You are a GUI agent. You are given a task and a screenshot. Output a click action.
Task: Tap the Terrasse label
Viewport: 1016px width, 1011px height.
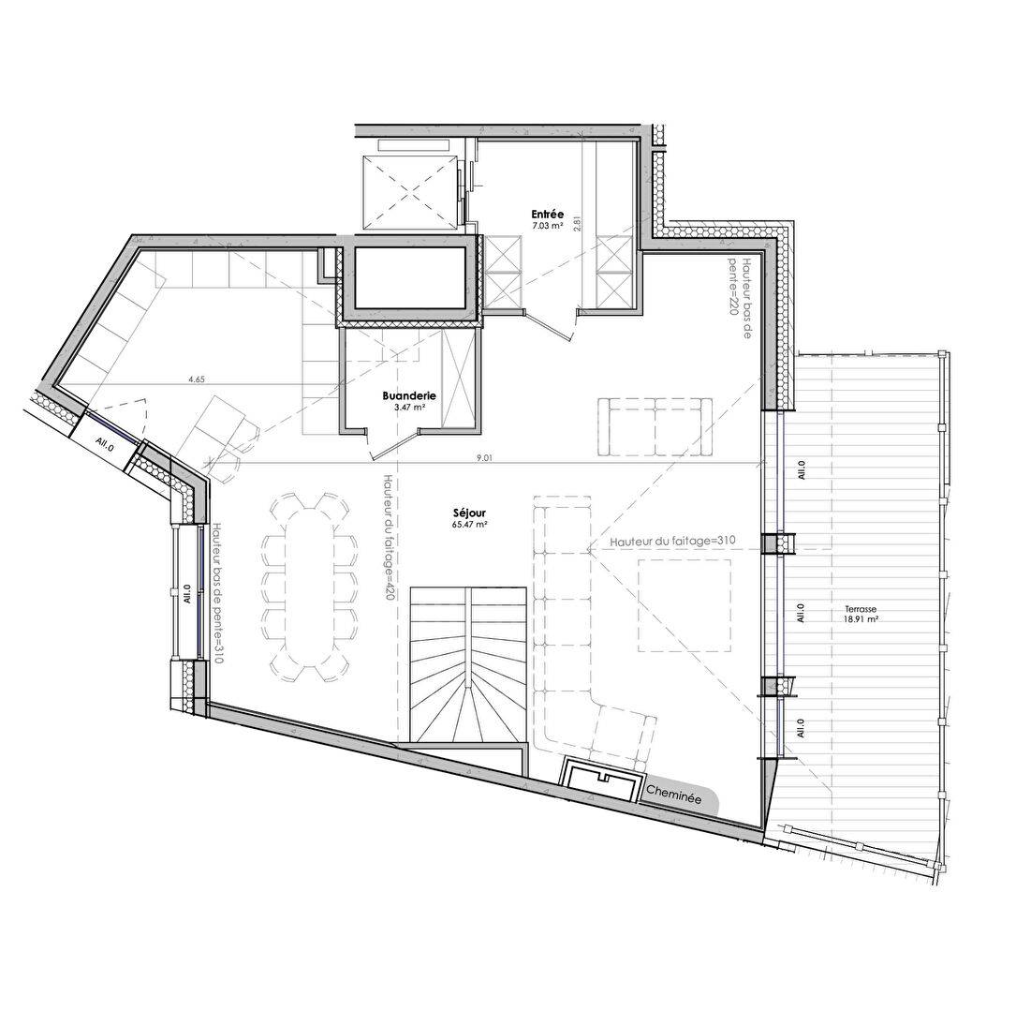point(859,607)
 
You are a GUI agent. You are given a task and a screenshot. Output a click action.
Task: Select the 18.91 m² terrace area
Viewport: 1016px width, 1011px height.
point(859,619)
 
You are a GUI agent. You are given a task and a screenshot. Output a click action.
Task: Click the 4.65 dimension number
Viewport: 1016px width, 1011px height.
point(197,379)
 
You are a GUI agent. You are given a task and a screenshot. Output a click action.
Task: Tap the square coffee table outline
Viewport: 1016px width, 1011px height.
point(685,605)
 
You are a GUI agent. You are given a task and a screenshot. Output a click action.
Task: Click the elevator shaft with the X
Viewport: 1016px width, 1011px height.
point(410,192)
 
